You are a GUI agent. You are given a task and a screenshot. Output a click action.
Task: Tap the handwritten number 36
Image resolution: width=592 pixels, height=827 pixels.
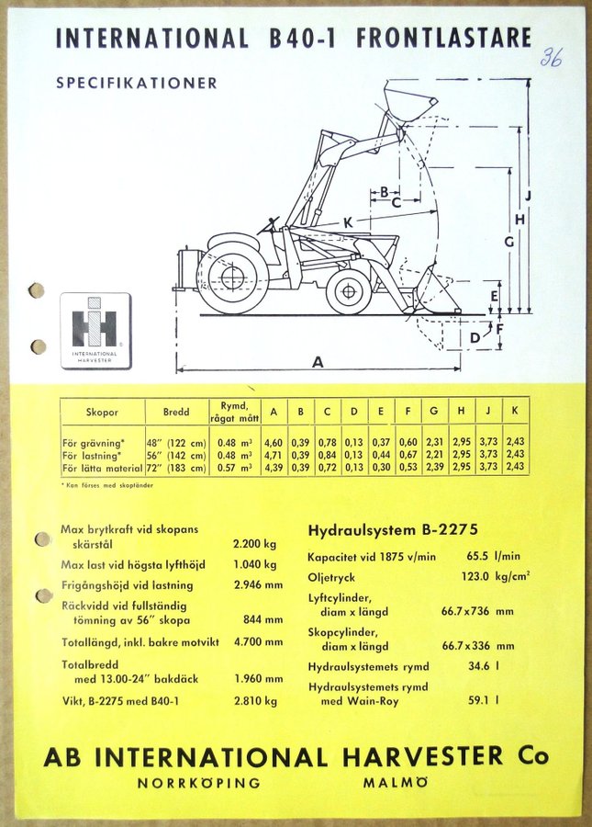click(550, 57)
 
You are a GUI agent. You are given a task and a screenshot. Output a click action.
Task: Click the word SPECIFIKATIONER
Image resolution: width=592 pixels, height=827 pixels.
click(137, 83)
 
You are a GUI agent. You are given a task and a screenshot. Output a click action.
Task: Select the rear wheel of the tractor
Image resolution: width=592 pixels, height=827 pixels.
click(233, 275)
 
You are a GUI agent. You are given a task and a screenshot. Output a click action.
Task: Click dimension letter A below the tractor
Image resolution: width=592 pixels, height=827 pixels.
click(318, 361)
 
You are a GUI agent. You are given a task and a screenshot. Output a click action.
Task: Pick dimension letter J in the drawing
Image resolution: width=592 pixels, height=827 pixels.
click(530, 196)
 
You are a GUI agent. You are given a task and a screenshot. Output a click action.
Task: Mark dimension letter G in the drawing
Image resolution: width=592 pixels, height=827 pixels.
click(508, 241)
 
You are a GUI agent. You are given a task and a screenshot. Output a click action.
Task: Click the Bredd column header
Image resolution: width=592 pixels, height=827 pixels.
click(175, 413)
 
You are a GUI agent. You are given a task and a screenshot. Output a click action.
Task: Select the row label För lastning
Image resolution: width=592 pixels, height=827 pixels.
click(92, 455)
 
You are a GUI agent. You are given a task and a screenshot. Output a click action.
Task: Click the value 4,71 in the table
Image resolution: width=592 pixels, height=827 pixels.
click(273, 455)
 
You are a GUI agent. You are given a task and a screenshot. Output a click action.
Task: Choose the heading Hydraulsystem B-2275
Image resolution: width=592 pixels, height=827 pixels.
click(393, 529)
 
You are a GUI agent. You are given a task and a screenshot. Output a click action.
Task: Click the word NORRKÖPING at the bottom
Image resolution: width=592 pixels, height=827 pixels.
click(199, 784)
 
